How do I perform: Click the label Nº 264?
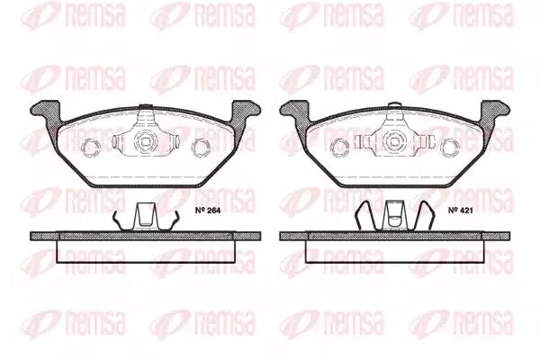208,211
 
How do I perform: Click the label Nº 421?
461,211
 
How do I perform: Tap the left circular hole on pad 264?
91,148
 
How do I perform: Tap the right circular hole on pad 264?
200,148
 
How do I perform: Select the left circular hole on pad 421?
339,148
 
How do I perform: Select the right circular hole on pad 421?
451,148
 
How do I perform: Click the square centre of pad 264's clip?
145,141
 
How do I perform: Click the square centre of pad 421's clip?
394,141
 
